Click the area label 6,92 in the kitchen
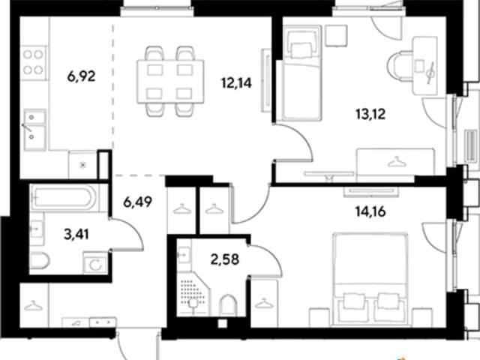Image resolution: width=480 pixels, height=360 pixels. tap(82, 76)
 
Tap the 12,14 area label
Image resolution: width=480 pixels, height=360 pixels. tap(236, 82)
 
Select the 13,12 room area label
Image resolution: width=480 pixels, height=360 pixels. tap(370, 114)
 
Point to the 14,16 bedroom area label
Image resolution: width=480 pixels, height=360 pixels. tap(370, 211)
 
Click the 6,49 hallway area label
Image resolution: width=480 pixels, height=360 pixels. tap(138, 202)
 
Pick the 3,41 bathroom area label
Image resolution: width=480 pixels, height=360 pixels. tap(76, 235)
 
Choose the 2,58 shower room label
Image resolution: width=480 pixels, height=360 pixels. tap(225, 259)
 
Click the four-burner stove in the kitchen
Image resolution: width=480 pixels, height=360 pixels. tap(34, 63)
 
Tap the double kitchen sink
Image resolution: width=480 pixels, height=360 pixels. tap(34, 130)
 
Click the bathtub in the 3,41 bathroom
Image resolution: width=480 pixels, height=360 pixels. tap(64, 197)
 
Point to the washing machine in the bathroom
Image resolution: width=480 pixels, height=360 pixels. tap(95, 263)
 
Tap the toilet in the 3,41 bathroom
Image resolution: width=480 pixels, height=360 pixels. tap(39, 261)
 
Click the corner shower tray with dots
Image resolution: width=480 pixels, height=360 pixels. tap(193, 294)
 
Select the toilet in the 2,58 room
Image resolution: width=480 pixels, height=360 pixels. tap(228, 305)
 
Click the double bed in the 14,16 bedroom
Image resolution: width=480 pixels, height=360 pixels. tap(370, 279)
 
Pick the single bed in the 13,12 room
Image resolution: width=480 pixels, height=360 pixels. tap(302, 73)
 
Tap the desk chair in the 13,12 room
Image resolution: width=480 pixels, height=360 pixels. tap(400, 67)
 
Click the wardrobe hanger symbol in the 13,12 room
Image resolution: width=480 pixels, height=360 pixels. tap(397, 161)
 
